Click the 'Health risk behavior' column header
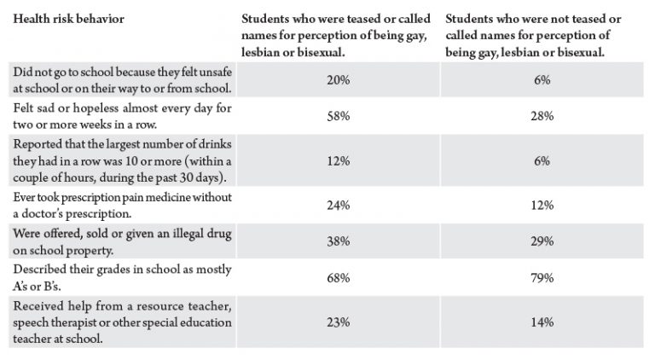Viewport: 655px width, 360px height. pyautogui.click(x=68, y=20)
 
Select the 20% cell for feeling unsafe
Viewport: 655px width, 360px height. pyautogui.click(x=338, y=80)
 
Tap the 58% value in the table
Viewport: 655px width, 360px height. pyautogui.click(x=338, y=116)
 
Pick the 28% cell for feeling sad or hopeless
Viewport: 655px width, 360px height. pyautogui.click(x=542, y=116)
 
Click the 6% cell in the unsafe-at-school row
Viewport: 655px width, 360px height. pyautogui.click(x=542, y=80)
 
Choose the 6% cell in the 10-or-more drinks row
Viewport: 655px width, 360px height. pyautogui.click(x=542, y=160)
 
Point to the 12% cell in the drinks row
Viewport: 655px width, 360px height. pyautogui.click(x=338, y=160)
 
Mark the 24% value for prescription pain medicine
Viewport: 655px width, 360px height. pyautogui.click(x=338, y=205)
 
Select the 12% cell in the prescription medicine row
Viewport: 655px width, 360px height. pyautogui.click(x=542, y=205)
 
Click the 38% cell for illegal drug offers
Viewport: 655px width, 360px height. pyautogui.click(x=338, y=241)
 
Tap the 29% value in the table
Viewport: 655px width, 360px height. pyautogui.click(x=542, y=241)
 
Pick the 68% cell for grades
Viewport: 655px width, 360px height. pyautogui.click(x=338, y=278)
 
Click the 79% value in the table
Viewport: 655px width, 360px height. pyautogui.click(x=542, y=278)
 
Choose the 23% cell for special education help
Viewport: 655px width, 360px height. pyautogui.click(x=338, y=322)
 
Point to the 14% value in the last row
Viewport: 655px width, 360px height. pyautogui.click(x=542, y=322)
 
